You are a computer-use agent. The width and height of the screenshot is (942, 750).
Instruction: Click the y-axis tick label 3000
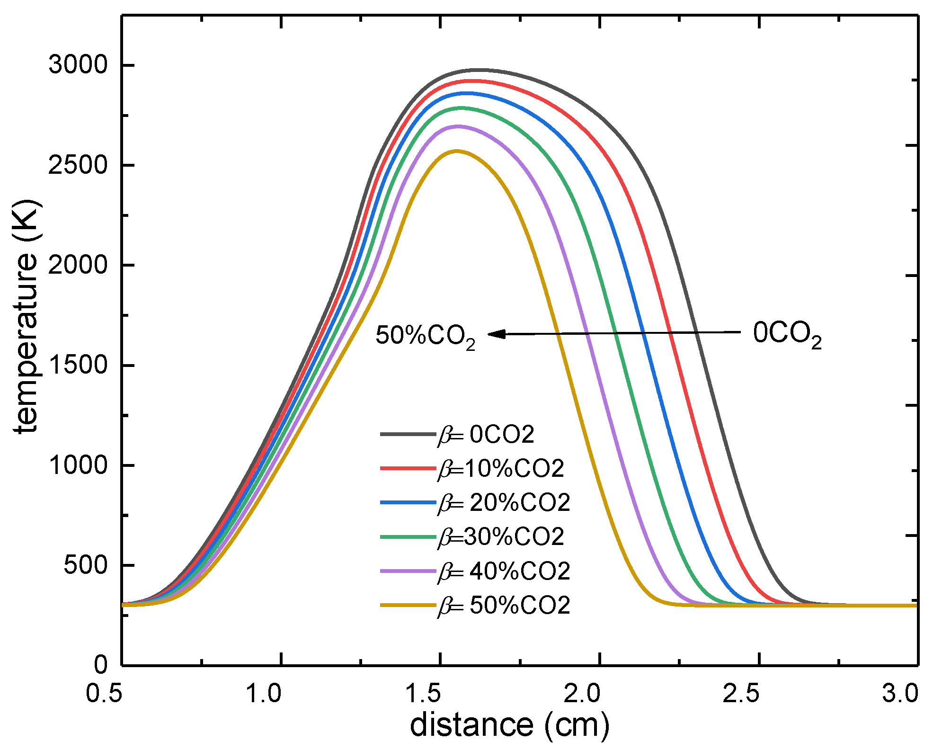(x=78, y=64)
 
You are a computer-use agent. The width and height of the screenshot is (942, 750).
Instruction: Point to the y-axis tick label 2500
(x=78, y=165)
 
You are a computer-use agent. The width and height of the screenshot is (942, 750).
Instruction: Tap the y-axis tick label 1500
(x=78, y=365)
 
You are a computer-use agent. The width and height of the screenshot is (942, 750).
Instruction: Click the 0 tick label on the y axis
(x=100, y=665)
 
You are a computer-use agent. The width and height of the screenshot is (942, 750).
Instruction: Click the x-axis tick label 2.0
(x=582, y=694)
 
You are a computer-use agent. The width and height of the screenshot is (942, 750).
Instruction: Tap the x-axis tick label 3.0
(x=900, y=694)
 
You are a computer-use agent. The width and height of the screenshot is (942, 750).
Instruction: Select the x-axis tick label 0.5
(x=104, y=694)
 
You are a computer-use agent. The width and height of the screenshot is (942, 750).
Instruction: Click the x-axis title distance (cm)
(x=509, y=725)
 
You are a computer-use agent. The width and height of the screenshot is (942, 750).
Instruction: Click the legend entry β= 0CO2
(x=486, y=434)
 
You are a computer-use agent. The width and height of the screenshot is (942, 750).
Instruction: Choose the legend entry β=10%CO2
(x=501, y=469)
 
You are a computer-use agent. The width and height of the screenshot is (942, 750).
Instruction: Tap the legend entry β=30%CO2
(x=501, y=537)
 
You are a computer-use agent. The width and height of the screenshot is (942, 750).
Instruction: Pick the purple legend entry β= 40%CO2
(x=504, y=571)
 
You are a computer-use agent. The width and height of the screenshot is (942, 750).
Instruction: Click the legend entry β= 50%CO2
(x=504, y=606)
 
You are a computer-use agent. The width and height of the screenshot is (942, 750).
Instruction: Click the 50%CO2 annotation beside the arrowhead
(x=425, y=337)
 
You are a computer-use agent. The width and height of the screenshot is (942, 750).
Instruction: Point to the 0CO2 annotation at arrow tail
(x=787, y=334)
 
